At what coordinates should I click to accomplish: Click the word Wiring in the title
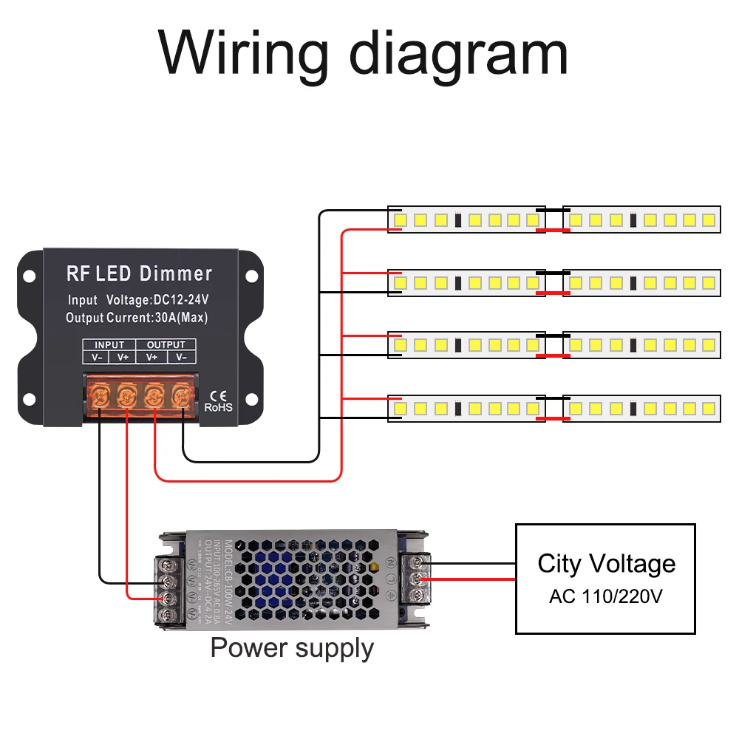pos(243,54)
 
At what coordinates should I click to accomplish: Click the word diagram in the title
pos(458,54)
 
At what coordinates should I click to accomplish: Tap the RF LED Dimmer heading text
pos(139,274)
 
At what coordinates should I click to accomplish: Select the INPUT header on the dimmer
pos(109,344)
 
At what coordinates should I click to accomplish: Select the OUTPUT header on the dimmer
pos(166,344)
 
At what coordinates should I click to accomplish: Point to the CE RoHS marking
pos(218,400)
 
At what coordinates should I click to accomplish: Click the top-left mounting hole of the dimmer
pos(29,276)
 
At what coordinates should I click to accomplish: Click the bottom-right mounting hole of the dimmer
pos(251,400)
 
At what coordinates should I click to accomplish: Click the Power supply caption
pos(292,648)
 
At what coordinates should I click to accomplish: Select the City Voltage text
pos(606,564)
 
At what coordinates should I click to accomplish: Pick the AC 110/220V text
pos(606,596)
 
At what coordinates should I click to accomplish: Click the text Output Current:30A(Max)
pos(137,319)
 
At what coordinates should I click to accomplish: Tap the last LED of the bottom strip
pos(708,408)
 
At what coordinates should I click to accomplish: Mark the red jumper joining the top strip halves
pos(553,231)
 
